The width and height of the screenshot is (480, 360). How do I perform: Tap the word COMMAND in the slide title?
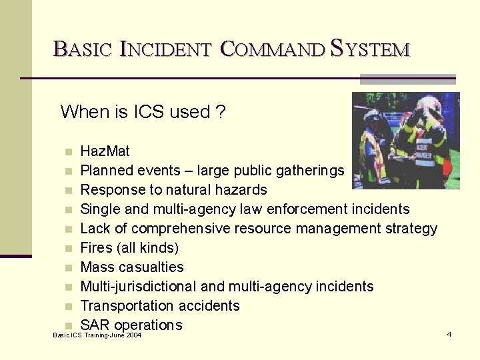point(273,49)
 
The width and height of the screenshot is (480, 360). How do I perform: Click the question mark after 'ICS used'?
point(221,111)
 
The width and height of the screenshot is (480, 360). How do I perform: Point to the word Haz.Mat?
point(105,151)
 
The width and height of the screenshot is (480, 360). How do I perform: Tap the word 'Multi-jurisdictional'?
point(138,287)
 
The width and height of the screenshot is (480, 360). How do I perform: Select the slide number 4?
point(449,334)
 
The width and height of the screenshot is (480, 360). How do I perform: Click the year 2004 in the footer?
point(132,335)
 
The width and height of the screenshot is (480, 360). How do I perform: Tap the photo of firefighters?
point(405,141)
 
